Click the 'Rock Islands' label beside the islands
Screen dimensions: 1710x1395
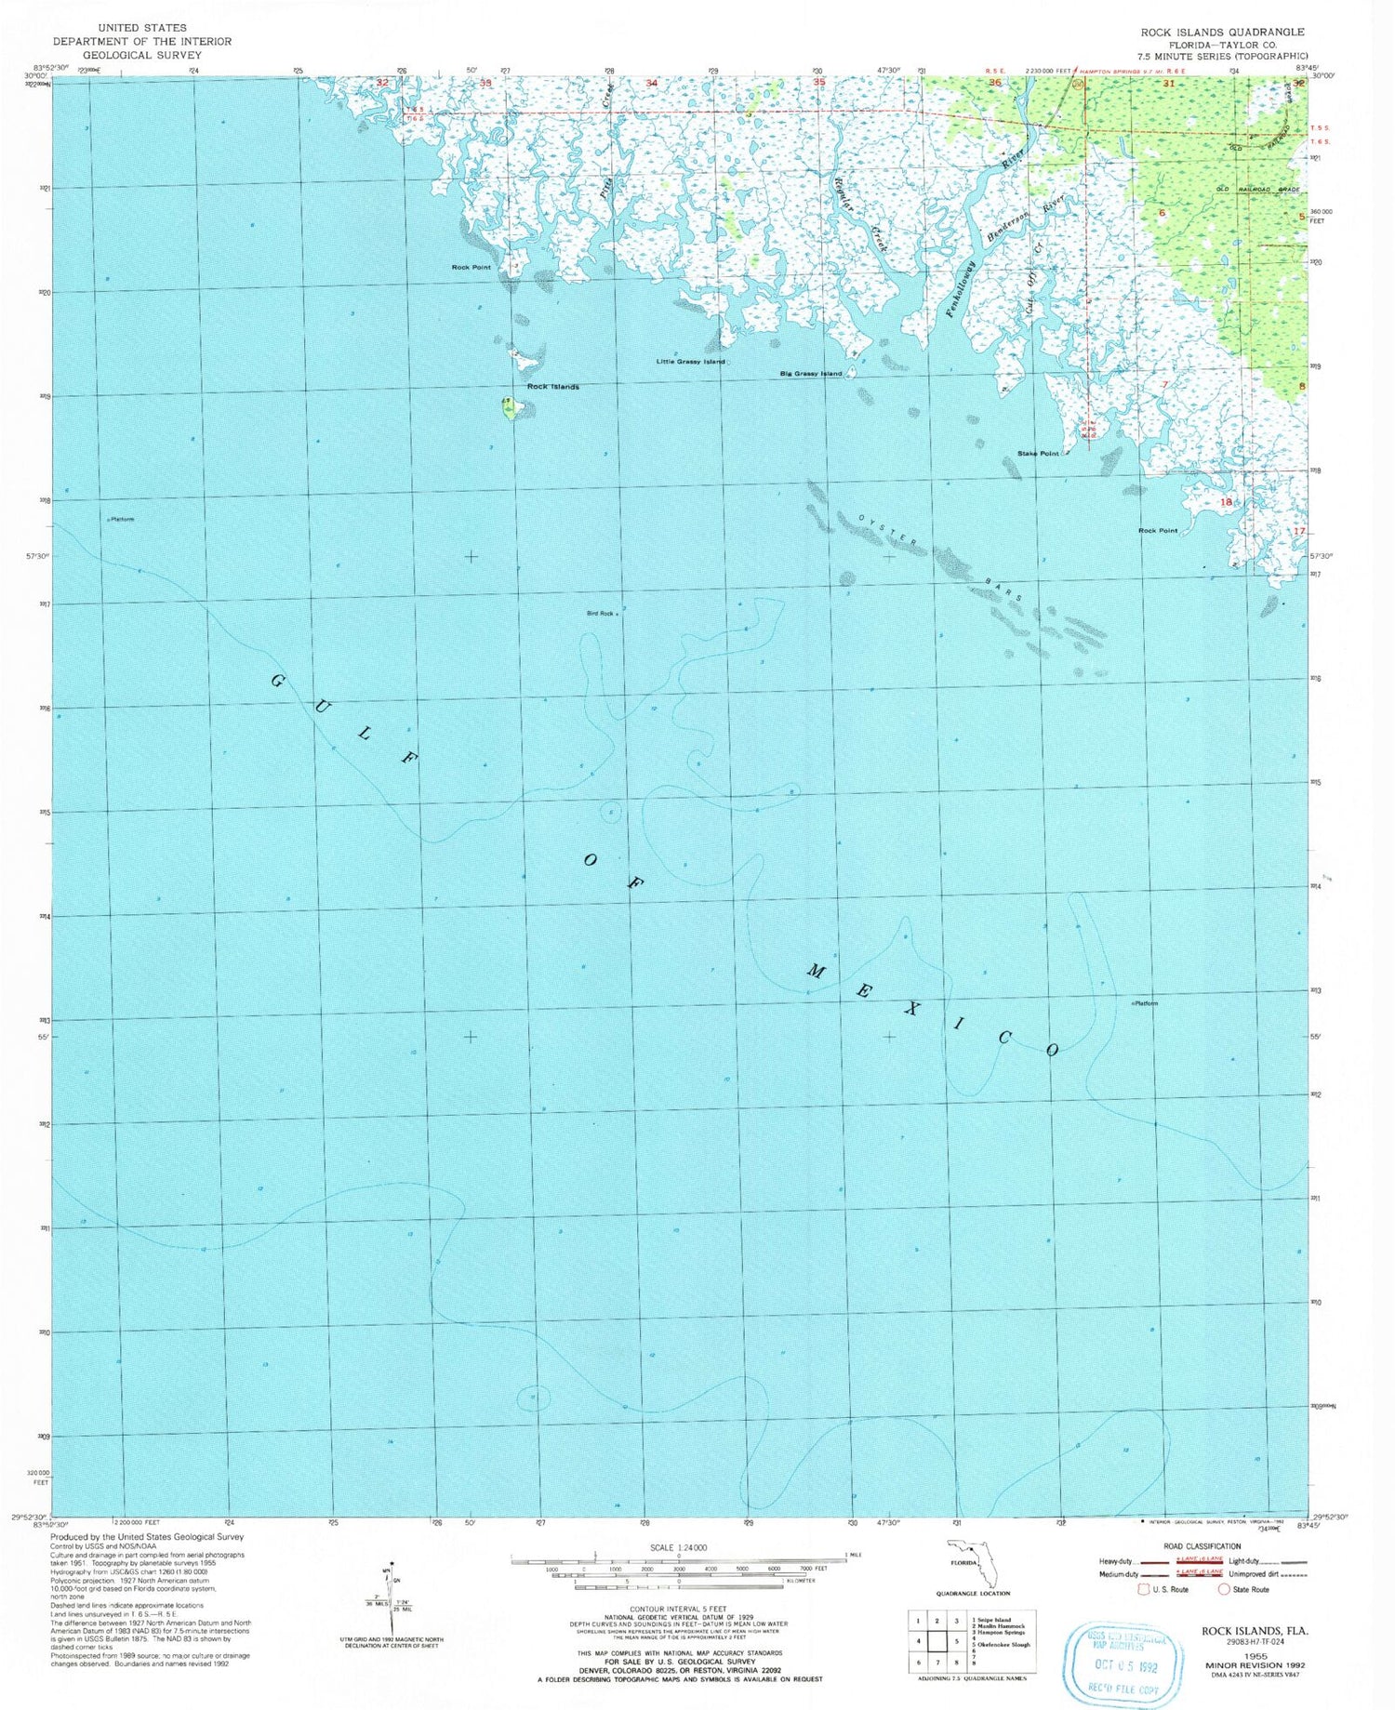[x=552, y=387]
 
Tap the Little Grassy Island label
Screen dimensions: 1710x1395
[x=690, y=362]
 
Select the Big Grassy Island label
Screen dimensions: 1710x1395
[x=810, y=374]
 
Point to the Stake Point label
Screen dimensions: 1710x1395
[x=1038, y=454]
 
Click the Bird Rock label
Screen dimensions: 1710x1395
[x=600, y=614]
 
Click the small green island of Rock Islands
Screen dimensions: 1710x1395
[x=511, y=408]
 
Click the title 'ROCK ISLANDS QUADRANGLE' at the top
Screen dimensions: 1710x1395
[x=1222, y=32]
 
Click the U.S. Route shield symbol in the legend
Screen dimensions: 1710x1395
[x=1143, y=1589]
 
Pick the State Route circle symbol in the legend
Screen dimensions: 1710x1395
[x=1224, y=1589]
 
